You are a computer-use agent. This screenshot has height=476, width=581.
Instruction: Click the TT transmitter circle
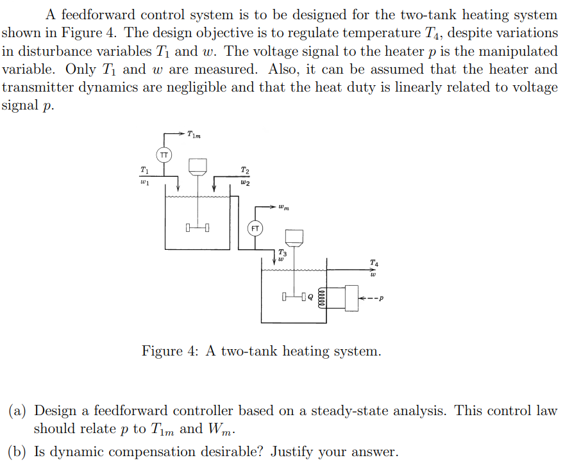tap(164, 154)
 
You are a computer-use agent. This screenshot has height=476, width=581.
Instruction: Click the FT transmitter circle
tap(255, 227)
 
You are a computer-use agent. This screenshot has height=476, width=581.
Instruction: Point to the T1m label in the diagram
tap(193, 134)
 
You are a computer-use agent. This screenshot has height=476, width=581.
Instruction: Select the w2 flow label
tap(244, 183)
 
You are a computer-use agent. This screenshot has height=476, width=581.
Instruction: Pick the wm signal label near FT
tap(284, 207)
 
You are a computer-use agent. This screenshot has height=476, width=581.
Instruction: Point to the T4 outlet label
tap(374, 262)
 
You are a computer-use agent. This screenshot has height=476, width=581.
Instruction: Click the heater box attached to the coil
tap(351, 298)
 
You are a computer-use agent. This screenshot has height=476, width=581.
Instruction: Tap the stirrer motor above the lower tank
tap(294, 238)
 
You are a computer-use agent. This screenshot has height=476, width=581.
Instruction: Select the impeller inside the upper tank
tap(198, 227)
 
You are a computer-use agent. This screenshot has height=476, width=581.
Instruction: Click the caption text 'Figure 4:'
tap(171, 351)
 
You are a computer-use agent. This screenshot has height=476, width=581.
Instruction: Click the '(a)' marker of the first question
tap(18, 411)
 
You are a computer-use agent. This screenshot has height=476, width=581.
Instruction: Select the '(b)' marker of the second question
tap(18, 452)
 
